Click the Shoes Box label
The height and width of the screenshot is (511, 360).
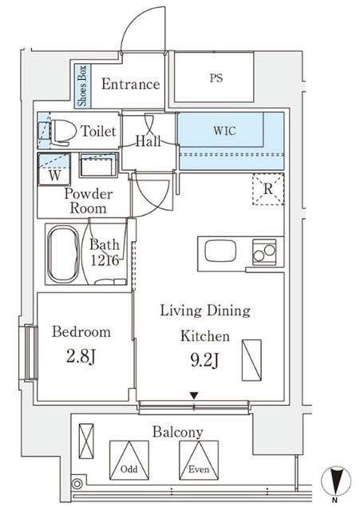point(82,85)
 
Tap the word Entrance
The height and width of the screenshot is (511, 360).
point(130,85)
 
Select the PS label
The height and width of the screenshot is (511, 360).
point(216,78)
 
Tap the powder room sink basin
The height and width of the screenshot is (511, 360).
point(97,168)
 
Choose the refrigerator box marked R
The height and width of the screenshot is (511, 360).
point(267,189)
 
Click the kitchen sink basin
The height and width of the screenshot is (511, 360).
point(221,252)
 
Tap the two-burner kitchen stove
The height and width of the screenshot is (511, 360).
point(264,252)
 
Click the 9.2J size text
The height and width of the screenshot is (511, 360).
point(205,361)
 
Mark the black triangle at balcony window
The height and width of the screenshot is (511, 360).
point(193,395)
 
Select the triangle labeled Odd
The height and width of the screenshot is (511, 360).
point(129,460)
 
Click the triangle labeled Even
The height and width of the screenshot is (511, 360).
point(199,460)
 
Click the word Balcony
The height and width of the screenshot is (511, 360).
point(179,432)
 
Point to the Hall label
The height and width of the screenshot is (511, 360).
point(148,141)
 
